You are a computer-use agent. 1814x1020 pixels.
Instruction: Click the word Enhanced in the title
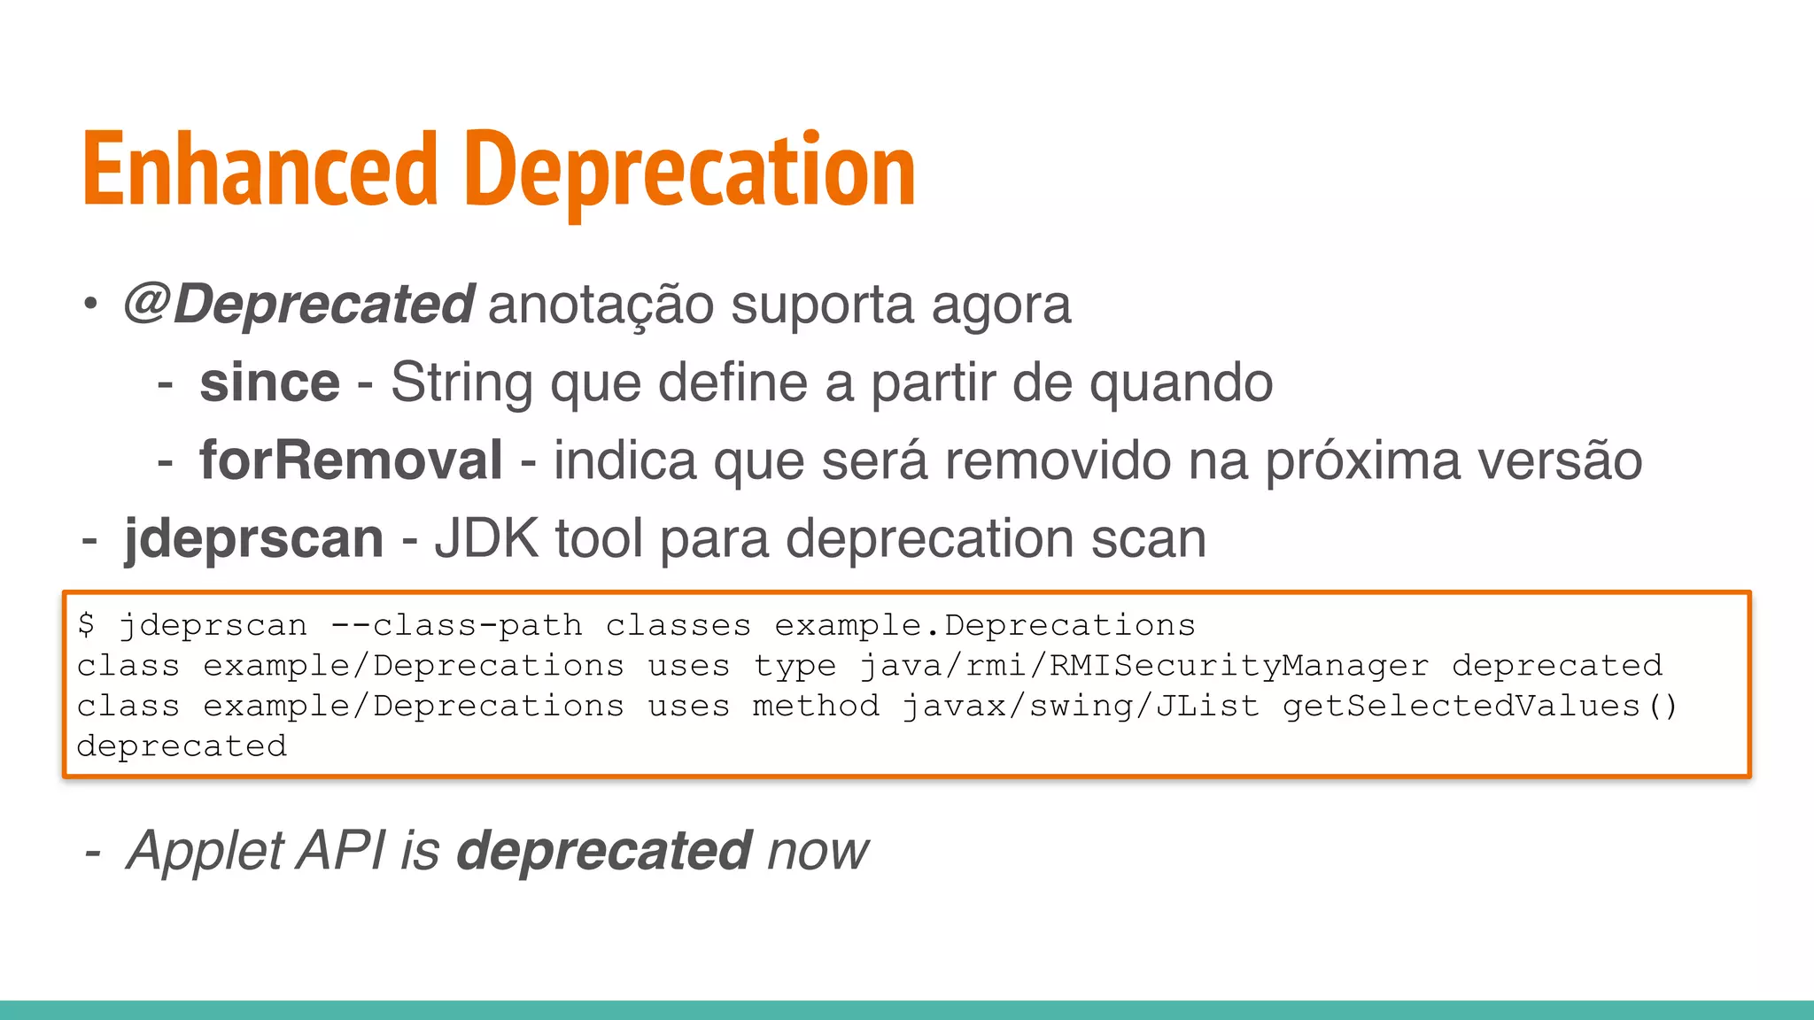(260, 170)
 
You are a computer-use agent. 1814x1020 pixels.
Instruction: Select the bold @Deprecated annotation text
(298, 304)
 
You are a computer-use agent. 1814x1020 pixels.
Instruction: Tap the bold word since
(269, 382)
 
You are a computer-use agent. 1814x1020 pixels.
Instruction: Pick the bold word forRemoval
(351, 460)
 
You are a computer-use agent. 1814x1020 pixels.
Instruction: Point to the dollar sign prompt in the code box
(86, 624)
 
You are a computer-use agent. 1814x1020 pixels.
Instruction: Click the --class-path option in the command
(456, 625)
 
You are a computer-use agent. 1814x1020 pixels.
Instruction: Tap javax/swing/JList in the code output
(1081, 706)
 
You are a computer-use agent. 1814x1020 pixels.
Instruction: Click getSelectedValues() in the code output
(1479, 706)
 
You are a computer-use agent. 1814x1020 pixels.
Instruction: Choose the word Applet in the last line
(206, 851)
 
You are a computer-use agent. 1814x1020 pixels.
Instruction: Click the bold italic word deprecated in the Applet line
(604, 851)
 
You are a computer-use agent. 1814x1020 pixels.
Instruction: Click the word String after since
(461, 382)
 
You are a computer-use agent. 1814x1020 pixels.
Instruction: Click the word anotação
(601, 304)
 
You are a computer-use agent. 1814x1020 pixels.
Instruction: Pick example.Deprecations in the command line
(985, 625)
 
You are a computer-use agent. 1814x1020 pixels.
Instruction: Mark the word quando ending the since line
(1180, 382)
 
